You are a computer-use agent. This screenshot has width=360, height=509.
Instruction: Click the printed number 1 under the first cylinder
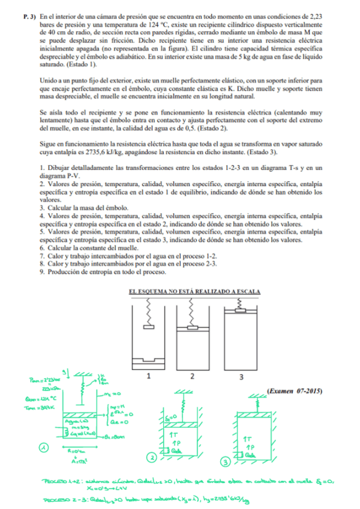[148, 377]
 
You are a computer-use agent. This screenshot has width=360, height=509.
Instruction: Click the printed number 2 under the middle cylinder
[192, 377]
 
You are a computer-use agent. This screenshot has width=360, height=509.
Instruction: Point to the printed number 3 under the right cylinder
[241, 377]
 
